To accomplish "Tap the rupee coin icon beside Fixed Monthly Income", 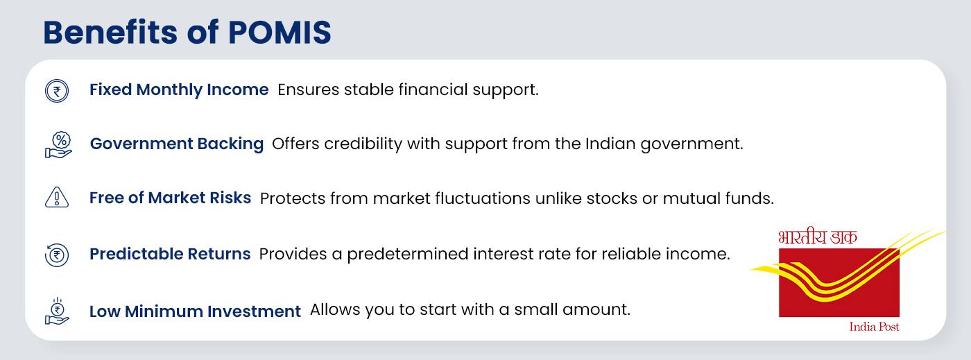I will [57, 91].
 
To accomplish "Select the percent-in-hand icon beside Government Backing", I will [58, 144].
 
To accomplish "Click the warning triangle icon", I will [57, 198].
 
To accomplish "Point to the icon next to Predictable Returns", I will [57, 255].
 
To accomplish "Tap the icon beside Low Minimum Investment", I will [58, 311].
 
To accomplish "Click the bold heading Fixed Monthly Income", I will [179, 89].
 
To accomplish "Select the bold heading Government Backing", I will [177, 144].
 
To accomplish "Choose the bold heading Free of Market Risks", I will [170, 198].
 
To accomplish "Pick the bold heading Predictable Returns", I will [170, 254].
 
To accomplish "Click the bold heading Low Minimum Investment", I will [195, 311].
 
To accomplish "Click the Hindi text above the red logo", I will [818, 238].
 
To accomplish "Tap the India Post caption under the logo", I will [874, 327].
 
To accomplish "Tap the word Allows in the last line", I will [332, 309].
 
